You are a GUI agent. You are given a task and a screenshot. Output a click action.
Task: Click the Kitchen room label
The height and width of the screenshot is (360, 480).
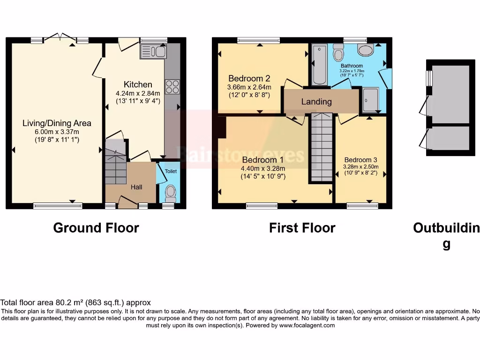(x=138, y=84)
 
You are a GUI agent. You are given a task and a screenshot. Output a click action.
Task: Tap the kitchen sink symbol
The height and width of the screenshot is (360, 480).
(x=153, y=51)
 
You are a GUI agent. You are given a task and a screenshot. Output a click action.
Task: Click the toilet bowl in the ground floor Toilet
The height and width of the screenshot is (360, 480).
(x=171, y=192)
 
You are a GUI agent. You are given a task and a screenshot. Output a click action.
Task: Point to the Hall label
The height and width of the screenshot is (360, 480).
(x=136, y=187)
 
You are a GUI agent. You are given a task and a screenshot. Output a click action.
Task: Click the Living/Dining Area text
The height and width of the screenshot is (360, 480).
(x=57, y=123)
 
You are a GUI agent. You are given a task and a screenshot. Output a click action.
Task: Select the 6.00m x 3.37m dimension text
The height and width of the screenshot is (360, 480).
(x=57, y=131)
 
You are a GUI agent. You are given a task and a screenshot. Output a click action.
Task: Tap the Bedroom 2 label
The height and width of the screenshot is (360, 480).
(x=249, y=78)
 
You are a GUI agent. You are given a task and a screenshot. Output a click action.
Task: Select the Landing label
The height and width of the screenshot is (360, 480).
(x=316, y=102)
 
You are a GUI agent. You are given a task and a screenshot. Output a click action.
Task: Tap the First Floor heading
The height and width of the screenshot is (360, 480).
(x=302, y=228)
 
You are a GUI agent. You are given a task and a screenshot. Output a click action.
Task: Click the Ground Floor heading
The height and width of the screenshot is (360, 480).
(x=96, y=228)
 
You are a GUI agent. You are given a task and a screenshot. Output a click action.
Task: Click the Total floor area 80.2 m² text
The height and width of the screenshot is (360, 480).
(x=75, y=303)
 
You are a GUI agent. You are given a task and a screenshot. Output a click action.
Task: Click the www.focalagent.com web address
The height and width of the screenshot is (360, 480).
(x=307, y=325)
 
